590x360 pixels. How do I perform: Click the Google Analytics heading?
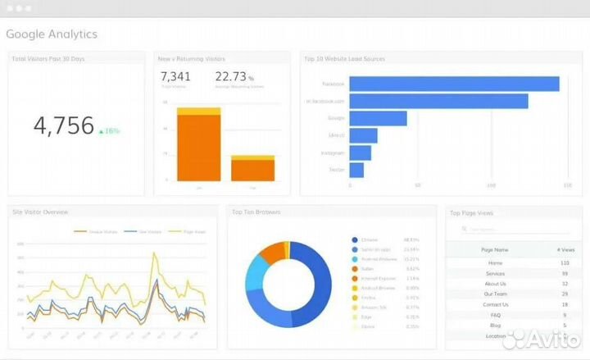(x=52, y=34)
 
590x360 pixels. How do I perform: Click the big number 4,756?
(x=63, y=126)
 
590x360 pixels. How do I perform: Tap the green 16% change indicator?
(x=109, y=131)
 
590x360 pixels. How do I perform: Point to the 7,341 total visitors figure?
(x=175, y=77)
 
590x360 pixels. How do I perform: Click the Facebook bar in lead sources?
(x=454, y=84)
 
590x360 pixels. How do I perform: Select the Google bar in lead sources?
(x=378, y=118)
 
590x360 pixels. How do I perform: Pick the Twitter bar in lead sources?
(x=356, y=170)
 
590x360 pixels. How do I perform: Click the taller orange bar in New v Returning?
(x=198, y=148)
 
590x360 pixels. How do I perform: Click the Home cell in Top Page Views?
(x=495, y=263)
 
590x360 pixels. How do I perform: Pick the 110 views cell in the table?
(x=565, y=263)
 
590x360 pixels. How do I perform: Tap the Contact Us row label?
(x=495, y=304)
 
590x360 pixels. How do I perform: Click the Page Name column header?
(x=495, y=249)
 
